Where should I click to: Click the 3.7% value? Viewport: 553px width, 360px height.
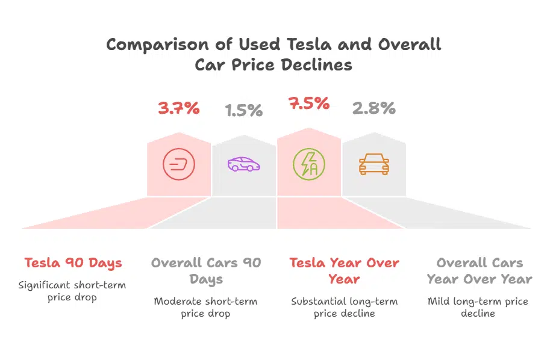click(178, 108)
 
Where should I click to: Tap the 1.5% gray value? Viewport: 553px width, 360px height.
click(244, 110)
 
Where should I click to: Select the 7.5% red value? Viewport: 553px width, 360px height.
click(309, 103)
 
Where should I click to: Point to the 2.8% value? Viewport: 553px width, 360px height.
click(373, 108)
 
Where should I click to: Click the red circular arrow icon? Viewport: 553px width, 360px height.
click(179, 165)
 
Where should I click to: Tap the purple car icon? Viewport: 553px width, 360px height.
click(244, 164)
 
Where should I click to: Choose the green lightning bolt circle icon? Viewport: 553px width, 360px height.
click(308, 164)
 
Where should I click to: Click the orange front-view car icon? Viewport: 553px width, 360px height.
click(373, 164)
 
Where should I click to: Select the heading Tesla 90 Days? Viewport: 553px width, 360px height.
click(73, 263)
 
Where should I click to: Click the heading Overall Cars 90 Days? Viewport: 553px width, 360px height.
click(206, 271)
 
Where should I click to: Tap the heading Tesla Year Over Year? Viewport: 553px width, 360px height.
click(344, 271)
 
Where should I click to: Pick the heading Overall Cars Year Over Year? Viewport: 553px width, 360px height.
click(480, 271)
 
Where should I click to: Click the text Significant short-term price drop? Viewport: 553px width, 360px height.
click(72, 291)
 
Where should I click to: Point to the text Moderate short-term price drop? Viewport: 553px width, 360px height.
click(205, 307)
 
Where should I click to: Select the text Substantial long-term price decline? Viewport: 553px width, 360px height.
click(344, 307)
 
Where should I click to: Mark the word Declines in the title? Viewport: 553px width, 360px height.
click(320, 65)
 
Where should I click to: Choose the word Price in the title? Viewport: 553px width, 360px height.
click(256, 65)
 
